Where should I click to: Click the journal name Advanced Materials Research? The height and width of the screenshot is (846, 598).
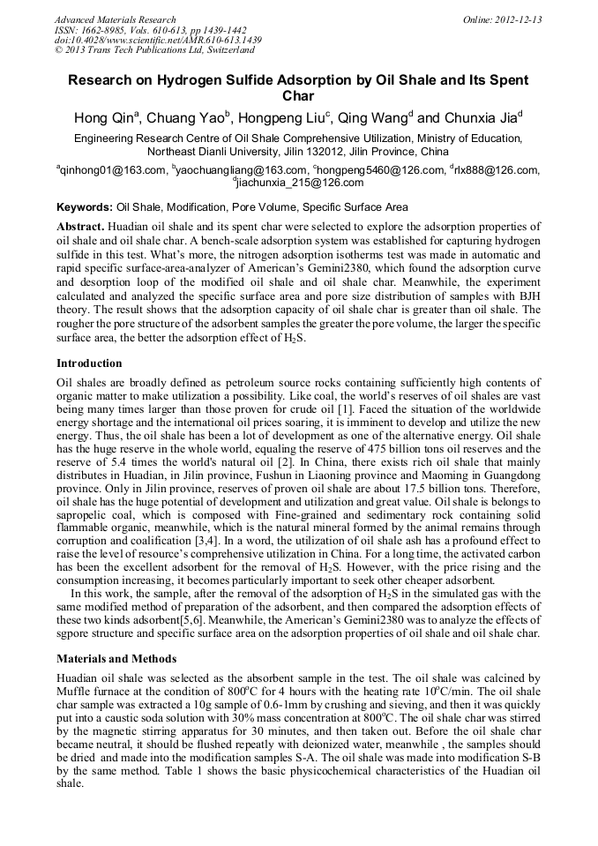(x=115, y=19)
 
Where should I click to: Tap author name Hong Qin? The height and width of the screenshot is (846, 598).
(x=101, y=118)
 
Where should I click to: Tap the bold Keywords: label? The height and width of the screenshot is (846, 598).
(x=85, y=207)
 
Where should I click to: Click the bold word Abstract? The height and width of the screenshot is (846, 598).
(x=81, y=227)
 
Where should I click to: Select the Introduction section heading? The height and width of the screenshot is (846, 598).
(x=89, y=363)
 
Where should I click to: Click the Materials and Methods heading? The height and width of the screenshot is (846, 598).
(x=116, y=658)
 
